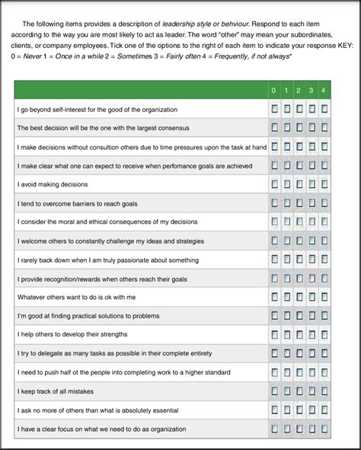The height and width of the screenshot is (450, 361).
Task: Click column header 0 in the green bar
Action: [274, 91]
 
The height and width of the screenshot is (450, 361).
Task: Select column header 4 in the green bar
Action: [325, 91]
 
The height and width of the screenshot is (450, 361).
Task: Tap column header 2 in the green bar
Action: [299, 91]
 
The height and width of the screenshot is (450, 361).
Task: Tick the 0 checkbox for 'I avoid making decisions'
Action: [274, 184]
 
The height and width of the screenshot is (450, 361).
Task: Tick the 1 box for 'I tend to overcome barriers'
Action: [287, 203]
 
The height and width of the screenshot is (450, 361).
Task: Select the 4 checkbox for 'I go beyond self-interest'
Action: [325, 110]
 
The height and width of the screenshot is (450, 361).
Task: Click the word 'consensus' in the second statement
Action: [173, 128]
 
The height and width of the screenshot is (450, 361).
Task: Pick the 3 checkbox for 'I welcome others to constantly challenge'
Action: [312, 240]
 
